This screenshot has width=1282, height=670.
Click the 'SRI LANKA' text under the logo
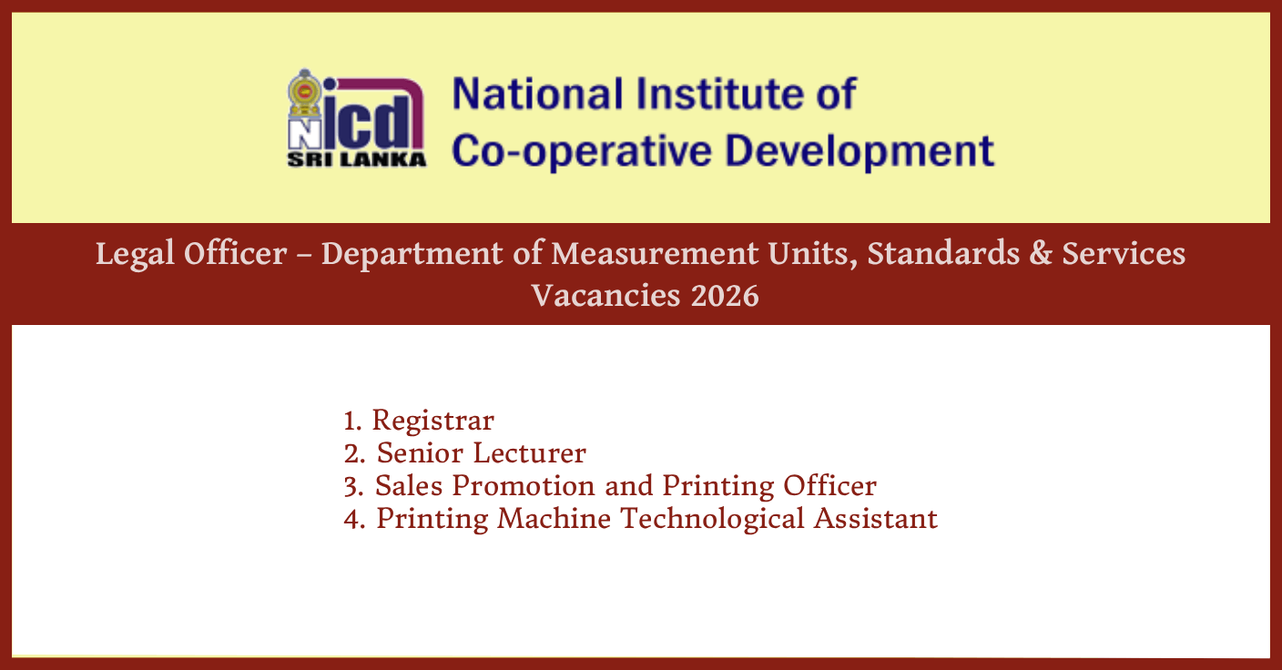357,159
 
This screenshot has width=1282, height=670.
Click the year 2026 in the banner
724,296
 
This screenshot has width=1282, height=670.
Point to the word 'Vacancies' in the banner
605,296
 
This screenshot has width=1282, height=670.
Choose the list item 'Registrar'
433,421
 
